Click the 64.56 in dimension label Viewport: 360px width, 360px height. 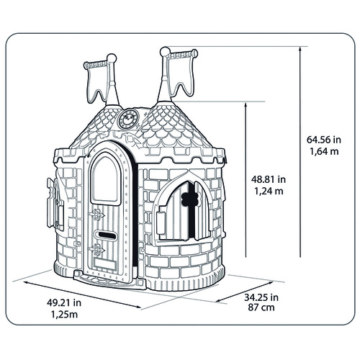[324, 140]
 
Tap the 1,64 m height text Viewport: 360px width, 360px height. [324, 152]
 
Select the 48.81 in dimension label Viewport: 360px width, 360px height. [269, 179]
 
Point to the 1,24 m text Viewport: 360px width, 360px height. [269, 192]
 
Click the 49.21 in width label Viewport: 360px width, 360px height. [64, 302]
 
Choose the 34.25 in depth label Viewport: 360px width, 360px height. [261, 297]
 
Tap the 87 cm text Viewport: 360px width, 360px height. [261, 307]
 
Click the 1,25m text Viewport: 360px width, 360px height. [64, 315]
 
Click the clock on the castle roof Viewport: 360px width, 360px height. [128, 119]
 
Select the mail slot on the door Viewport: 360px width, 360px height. [106, 235]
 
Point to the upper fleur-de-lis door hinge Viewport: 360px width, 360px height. [97, 215]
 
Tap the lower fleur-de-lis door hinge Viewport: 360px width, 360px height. [97, 249]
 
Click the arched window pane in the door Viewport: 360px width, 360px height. [106, 179]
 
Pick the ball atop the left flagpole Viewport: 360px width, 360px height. [112, 58]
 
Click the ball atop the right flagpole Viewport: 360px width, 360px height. [165, 51]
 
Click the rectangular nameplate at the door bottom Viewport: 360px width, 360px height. [105, 264]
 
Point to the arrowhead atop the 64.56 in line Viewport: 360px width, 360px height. [300, 50]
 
